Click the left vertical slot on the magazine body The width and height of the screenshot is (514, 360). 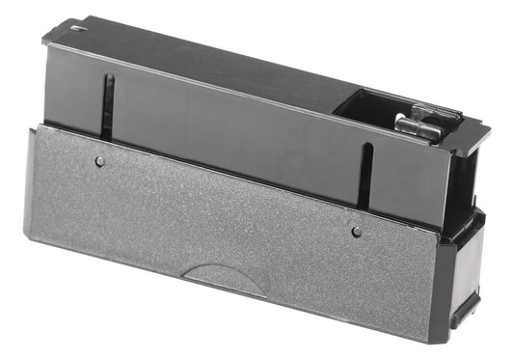click(x=109, y=104)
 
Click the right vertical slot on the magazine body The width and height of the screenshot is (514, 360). click(x=365, y=174)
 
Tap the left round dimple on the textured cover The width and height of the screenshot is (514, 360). click(x=100, y=162)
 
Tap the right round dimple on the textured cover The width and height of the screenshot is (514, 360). click(x=356, y=232)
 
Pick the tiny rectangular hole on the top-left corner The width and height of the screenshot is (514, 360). click(x=76, y=30)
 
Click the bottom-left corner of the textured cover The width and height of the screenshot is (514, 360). click(x=25, y=235)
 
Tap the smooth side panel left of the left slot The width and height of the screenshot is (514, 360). click(x=72, y=92)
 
